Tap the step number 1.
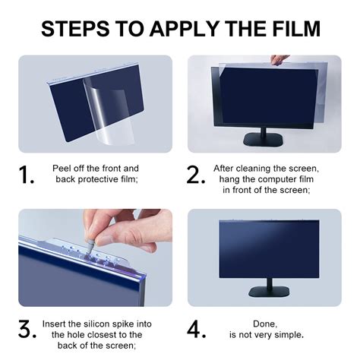click(28, 175)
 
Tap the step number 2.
click(196, 175)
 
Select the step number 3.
click(28, 330)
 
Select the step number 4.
click(197, 330)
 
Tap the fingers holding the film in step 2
click(279, 59)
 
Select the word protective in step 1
click(103, 180)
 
